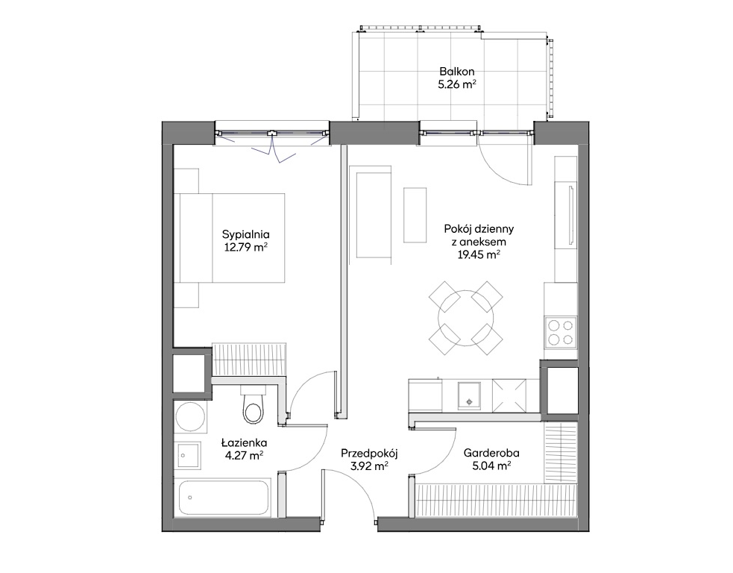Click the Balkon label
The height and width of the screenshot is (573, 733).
click(x=456, y=72)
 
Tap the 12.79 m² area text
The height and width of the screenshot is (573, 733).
click(x=245, y=247)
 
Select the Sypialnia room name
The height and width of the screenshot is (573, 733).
click(x=246, y=235)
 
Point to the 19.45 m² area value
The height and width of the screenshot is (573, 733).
click(x=479, y=254)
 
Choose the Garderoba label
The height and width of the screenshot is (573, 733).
click(x=491, y=453)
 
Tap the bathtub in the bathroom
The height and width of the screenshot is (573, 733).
click(x=225, y=498)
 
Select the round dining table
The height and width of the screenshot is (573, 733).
click(x=466, y=318)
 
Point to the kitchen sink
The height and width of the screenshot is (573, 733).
click(x=469, y=395)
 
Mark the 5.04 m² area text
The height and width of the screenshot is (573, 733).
click(x=491, y=466)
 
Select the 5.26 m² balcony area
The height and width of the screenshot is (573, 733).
click(x=456, y=84)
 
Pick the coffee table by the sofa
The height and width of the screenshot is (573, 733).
click(x=415, y=215)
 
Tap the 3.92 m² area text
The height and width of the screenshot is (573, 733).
click(x=369, y=466)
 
